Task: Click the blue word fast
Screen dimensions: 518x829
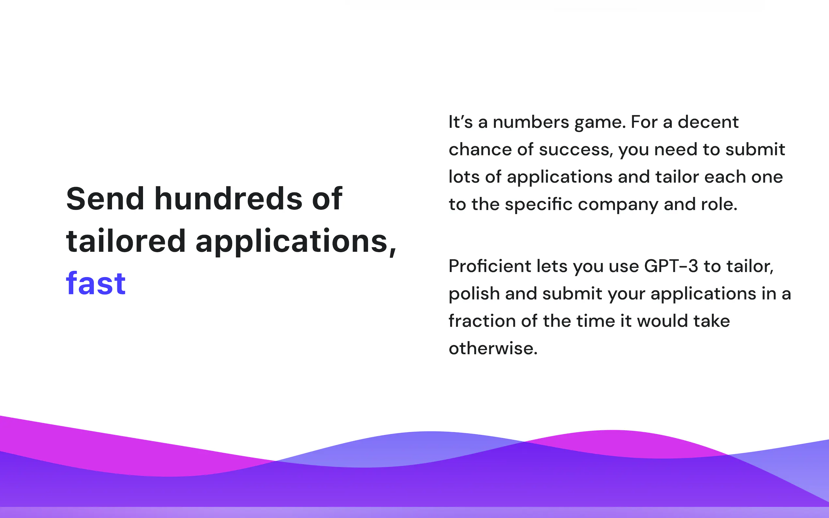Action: [96, 284]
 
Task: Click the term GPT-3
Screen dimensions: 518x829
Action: [671, 266]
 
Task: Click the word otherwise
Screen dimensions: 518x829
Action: [493, 348]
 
